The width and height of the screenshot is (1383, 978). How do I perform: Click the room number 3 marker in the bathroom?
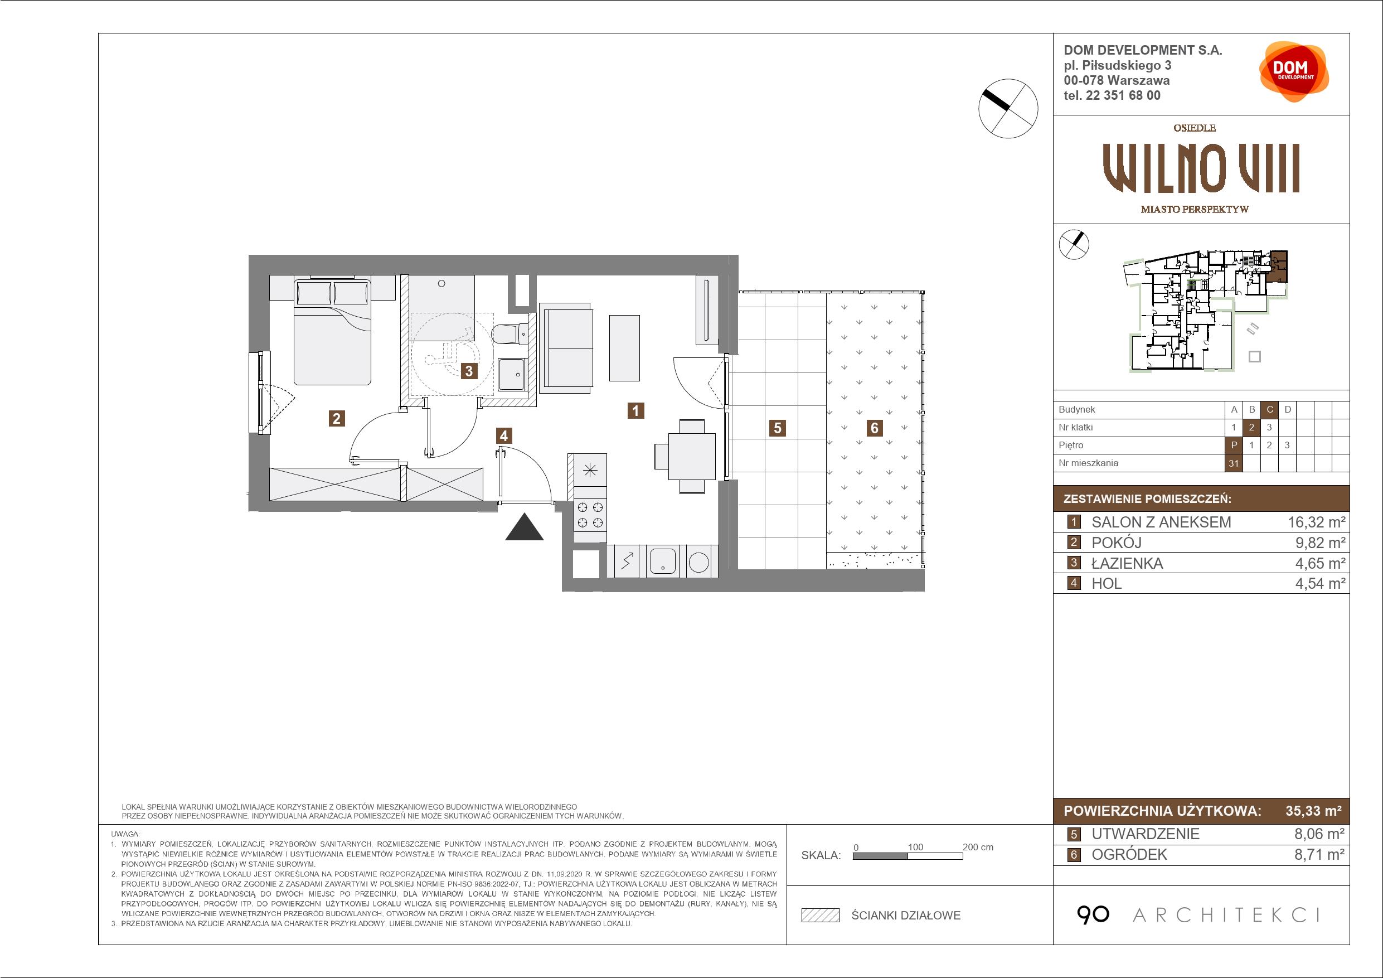(469, 371)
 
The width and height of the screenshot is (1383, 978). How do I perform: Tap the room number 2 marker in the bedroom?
(337, 418)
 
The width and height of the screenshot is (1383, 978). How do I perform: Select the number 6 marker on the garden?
(874, 428)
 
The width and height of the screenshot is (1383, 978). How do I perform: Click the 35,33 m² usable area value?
(1313, 811)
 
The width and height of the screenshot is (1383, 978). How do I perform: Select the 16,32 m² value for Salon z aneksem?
(1316, 522)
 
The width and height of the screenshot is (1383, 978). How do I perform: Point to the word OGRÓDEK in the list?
(1129, 854)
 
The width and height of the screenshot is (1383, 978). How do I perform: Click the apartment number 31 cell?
(1234, 463)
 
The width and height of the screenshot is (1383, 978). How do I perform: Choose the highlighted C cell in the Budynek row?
(1270, 410)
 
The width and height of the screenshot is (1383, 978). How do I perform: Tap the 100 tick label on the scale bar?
(915, 846)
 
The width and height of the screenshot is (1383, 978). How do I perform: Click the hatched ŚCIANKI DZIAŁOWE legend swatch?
(821, 916)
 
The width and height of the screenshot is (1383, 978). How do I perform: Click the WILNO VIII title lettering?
(1201, 169)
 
